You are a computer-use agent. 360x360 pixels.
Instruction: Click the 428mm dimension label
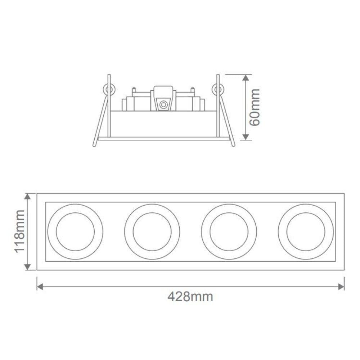click(190, 297)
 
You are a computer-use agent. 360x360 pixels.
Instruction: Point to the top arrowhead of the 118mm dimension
click(28, 197)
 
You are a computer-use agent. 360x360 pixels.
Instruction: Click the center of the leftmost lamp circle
click(75, 231)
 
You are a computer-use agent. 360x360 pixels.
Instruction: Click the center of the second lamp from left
click(152, 231)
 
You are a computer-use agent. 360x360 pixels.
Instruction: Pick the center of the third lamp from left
click(229, 231)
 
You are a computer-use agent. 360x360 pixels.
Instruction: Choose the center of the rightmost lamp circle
click(306, 231)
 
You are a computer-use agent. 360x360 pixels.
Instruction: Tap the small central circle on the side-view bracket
click(163, 105)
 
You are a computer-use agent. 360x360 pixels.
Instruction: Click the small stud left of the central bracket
click(134, 89)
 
